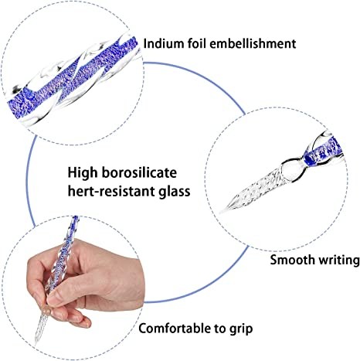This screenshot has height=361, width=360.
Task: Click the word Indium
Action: pyautogui.click(x=161, y=43)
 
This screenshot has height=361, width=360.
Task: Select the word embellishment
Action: pyautogui.click(x=253, y=43)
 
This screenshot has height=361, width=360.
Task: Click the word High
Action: pyautogui.click(x=83, y=173)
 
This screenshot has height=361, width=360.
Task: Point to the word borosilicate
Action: pyautogui.click(x=139, y=172)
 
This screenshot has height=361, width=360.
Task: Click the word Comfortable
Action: pyautogui.click(x=175, y=329)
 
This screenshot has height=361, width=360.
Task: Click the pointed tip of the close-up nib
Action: pyautogui.click(x=220, y=213)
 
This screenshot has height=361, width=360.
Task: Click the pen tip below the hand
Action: pyautogui.click(x=36, y=343)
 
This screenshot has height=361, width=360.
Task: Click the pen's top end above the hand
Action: pyautogui.click(x=76, y=217)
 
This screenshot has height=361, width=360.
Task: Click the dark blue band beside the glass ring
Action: pyautogui.click(x=308, y=160)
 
